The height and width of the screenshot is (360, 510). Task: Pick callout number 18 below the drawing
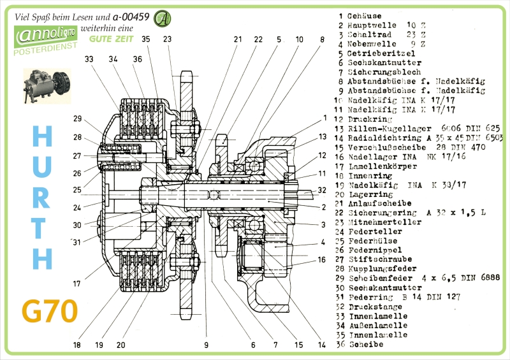[x=77, y=345]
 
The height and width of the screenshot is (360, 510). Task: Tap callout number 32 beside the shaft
[x=321, y=190]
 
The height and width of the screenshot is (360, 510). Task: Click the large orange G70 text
[x=50, y=310]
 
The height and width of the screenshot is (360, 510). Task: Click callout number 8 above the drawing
[x=322, y=40]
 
